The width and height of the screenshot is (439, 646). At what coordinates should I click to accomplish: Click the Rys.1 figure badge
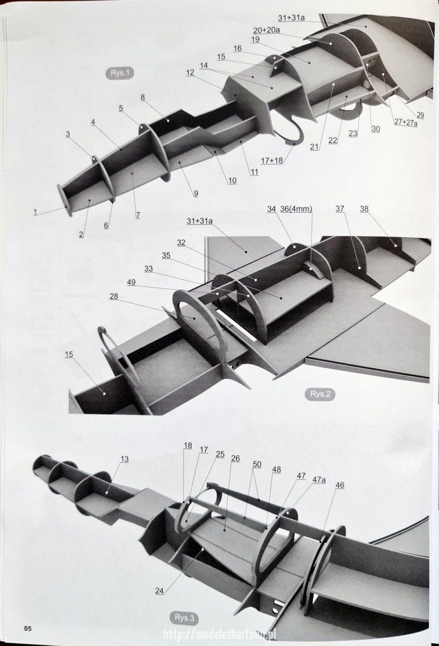pos(120,73)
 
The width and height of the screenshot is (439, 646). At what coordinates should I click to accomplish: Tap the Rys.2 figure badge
pos(320,394)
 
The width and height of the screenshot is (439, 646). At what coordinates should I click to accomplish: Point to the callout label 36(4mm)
pos(296,209)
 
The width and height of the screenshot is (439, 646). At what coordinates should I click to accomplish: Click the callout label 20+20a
pos(267,30)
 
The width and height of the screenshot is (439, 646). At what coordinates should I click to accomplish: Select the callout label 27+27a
pos(406,122)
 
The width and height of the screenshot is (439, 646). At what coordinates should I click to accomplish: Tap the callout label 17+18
pos(272,160)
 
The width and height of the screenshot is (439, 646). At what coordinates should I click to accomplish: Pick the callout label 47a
pos(319,480)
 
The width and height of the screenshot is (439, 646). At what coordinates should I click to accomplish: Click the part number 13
pos(125,459)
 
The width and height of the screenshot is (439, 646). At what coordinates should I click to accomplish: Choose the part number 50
pos(257,464)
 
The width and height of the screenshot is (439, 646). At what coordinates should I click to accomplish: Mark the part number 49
pos(131,282)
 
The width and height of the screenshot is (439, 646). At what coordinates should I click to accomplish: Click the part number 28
pos(114,296)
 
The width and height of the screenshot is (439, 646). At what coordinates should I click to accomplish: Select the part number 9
pos(196,193)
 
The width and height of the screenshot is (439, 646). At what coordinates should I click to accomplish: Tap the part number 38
pos(364,209)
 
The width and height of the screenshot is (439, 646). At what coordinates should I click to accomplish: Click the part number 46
pos(340,485)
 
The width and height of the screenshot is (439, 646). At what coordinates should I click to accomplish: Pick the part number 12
pos(190,73)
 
